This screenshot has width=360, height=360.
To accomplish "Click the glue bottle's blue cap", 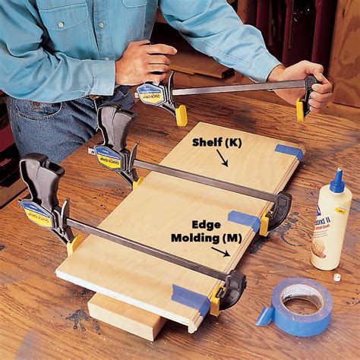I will pyautogui.click(x=336, y=182).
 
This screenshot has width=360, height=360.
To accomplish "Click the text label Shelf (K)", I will pyautogui.click(x=216, y=143).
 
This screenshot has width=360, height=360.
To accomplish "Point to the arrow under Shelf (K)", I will pyautogui.click(x=222, y=158).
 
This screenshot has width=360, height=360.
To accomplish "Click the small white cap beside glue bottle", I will pyautogui.click(x=336, y=278).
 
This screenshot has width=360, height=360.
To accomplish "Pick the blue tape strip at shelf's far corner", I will pyautogui.click(x=289, y=150).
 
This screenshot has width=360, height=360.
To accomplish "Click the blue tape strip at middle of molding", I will pyautogui.click(x=244, y=221).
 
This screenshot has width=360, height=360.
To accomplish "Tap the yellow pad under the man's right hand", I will pyautogui.click(x=181, y=115).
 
